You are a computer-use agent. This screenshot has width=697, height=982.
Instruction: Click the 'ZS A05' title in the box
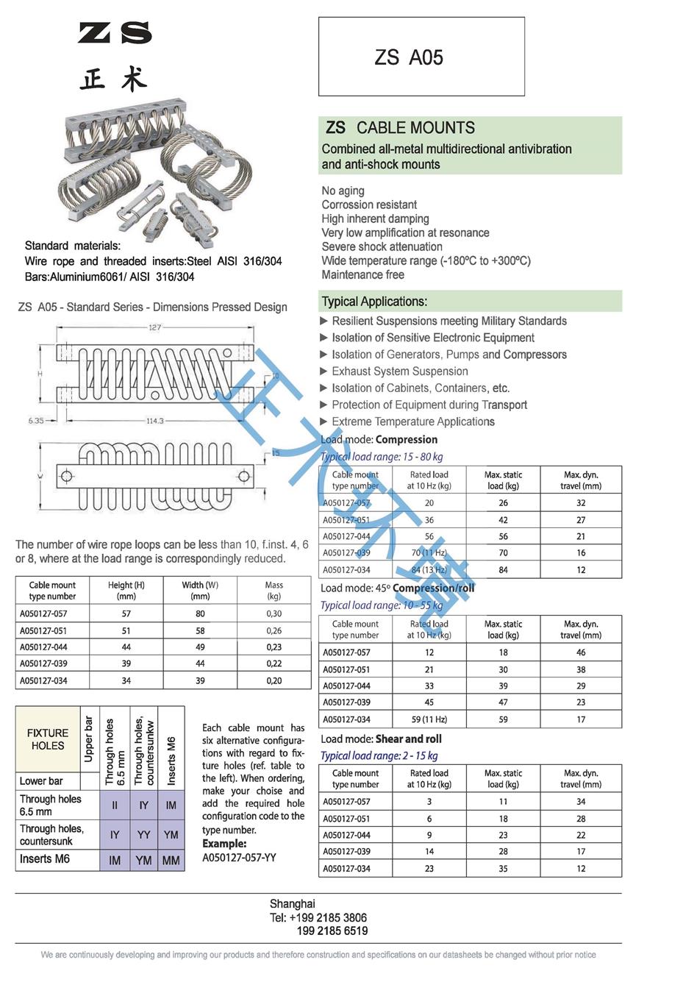[409, 57]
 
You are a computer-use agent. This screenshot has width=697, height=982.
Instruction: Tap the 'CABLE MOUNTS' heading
[415, 127]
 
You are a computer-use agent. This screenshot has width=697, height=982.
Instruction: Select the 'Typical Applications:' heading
[374, 302]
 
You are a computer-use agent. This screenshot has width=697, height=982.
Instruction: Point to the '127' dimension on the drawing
[154, 327]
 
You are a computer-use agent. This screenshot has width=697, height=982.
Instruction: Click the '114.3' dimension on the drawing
[154, 421]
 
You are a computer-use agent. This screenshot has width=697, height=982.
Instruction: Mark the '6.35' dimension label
[36, 421]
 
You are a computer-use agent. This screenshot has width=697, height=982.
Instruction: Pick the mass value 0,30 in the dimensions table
[274, 613]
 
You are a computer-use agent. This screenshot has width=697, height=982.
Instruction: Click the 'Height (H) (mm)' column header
[126, 590]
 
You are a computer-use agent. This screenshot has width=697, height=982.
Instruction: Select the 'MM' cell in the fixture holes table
[171, 860]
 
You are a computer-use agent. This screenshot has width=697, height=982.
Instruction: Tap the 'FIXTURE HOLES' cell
[48, 739]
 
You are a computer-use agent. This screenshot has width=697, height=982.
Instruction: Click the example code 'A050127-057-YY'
[239, 857]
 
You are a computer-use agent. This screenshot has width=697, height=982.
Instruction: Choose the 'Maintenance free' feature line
[362, 274]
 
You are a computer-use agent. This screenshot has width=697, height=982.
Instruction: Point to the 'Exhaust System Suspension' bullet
[399, 371]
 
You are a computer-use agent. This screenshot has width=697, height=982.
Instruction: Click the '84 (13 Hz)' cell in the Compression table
[429, 569]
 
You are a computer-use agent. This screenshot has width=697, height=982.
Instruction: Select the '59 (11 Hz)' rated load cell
[429, 719]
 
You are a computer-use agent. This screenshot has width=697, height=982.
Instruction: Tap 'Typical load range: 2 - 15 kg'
[379, 755]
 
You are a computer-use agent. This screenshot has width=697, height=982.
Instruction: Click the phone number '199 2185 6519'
[332, 931]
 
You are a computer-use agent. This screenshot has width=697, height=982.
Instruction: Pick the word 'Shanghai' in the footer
[292, 904]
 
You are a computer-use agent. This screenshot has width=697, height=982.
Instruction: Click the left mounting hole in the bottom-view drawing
[67, 477]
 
